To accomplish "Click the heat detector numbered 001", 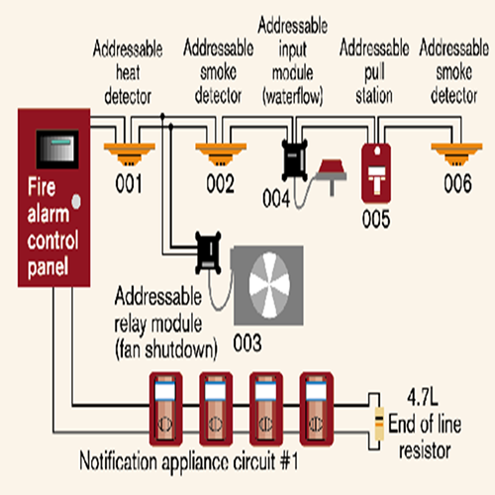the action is (130, 153).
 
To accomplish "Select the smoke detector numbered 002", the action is (221, 153).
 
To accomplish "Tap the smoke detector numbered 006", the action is (456, 153).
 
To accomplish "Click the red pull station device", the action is (376, 173).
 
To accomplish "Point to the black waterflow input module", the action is (295, 159).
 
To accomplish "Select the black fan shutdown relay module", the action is (208, 252).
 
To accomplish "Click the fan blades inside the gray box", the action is (269, 285).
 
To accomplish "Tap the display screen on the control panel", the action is (57, 149).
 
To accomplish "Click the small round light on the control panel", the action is (76, 201).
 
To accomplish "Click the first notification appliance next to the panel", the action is (165, 409).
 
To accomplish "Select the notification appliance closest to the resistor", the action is (317, 409).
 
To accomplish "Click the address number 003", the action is (247, 344).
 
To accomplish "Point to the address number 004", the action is (276, 198).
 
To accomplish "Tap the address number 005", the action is (376, 219).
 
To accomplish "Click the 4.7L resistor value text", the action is (423, 397).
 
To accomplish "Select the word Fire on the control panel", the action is (42, 187).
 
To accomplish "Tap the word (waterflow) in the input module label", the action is (293, 96).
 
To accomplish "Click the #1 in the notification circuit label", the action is (289, 460).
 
